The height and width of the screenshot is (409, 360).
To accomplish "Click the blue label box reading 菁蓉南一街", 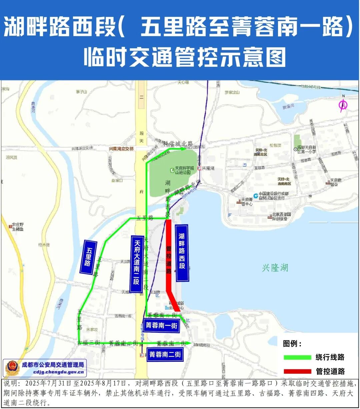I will click(161, 325).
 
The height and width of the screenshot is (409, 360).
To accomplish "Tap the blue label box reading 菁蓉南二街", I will click(165, 354).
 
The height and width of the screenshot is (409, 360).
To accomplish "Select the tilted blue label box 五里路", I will click(88, 257).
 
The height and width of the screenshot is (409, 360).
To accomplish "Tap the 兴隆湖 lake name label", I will click(275, 268).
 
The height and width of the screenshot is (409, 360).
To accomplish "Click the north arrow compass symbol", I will click(343, 105).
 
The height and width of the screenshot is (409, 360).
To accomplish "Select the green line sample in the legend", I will click(297, 357).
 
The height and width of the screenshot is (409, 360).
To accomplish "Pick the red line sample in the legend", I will click(297, 371).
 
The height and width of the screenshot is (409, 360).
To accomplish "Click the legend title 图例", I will click(292, 344).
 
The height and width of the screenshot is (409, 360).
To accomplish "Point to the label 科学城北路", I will click(178, 144).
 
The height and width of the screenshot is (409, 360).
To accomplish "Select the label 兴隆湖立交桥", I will click(121, 149).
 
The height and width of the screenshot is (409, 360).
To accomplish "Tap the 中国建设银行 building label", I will click(273, 196).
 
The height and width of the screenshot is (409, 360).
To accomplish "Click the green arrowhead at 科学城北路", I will click(183, 149).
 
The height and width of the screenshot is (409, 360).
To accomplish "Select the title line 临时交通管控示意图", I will click(185, 57).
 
